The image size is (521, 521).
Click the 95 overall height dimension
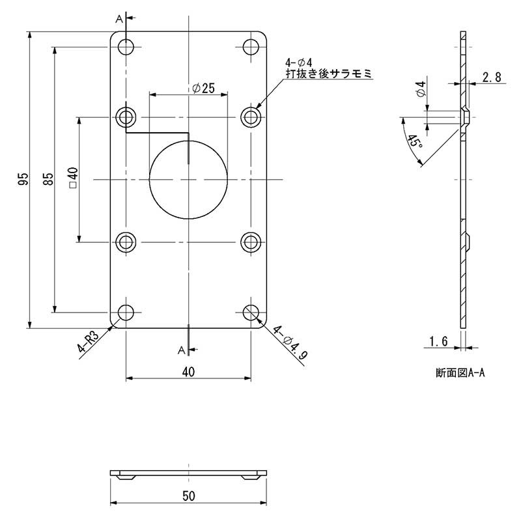click(x=23, y=180)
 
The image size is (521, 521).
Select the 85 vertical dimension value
click(x=48, y=180)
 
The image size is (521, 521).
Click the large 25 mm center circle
click(x=188, y=178)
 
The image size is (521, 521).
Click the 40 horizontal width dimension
click(x=188, y=372)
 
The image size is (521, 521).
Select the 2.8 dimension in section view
click(x=492, y=77)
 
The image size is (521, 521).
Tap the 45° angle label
click(x=414, y=142)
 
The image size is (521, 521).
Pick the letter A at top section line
click(x=119, y=20)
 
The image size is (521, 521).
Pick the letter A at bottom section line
click(x=181, y=350)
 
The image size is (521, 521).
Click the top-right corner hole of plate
click(x=251, y=47)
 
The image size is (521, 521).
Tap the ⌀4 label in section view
click(x=421, y=89)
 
